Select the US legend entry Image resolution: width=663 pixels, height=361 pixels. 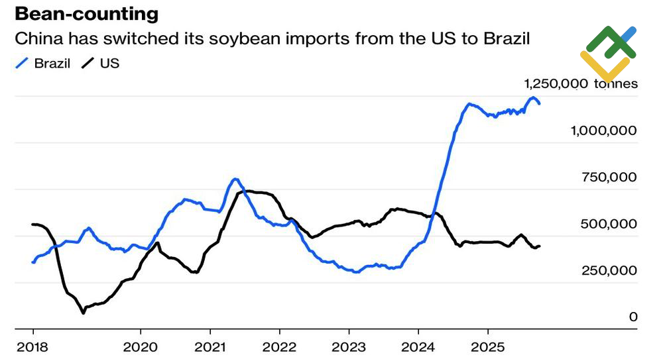(109, 64)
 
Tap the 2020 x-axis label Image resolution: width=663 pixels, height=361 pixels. (141, 346)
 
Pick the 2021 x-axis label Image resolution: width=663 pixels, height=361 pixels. (210, 346)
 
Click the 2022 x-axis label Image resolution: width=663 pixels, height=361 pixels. (280, 346)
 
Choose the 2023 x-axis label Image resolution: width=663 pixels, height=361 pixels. (349, 346)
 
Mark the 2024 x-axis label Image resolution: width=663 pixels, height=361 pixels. (418, 346)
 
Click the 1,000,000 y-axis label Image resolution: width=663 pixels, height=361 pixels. (604, 130)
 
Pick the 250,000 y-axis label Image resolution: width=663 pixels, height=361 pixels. (609, 270)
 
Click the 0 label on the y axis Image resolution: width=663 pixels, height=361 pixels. (633, 317)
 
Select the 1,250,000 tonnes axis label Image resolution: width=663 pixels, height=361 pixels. (581, 84)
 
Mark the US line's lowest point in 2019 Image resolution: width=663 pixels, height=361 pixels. (83, 312)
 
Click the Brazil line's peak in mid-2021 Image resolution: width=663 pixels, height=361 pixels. (235, 179)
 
